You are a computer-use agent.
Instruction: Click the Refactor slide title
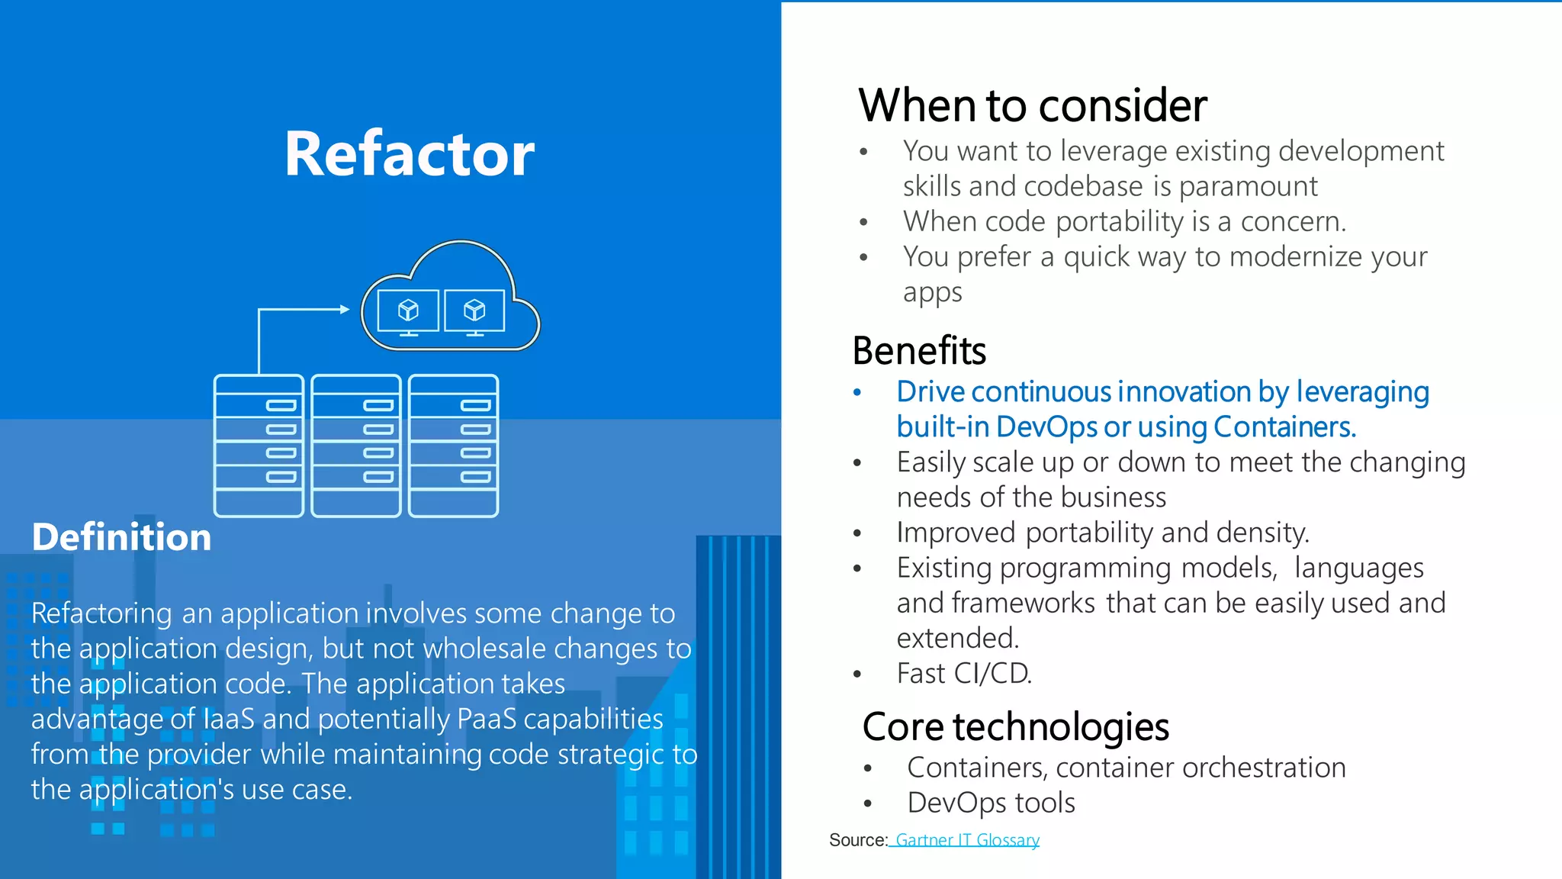[x=409, y=154]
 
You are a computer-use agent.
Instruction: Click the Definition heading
[x=121, y=537]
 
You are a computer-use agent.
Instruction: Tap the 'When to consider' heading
[x=1032, y=105]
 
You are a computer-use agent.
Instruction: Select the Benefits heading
[x=919, y=351]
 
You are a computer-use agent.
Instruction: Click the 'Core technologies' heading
[x=1015, y=726]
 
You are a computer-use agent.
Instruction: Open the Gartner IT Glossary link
[x=967, y=840]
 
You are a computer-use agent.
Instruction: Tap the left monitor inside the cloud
[x=409, y=311]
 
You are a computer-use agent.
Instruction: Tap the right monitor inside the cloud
[x=474, y=311]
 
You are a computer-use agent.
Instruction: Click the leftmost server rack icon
[x=259, y=446]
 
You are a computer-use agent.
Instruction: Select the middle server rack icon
[x=356, y=446]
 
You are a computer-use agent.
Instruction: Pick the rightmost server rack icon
[x=454, y=446]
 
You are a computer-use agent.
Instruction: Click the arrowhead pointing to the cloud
[x=345, y=309]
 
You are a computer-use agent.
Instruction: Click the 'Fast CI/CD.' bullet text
[x=964, y=674]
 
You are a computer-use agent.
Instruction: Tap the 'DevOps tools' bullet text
[x=991, y=803]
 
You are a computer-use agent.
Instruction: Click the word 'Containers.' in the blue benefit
[x=1284, y=427]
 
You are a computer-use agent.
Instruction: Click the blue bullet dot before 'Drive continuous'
[x=857, y=392]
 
